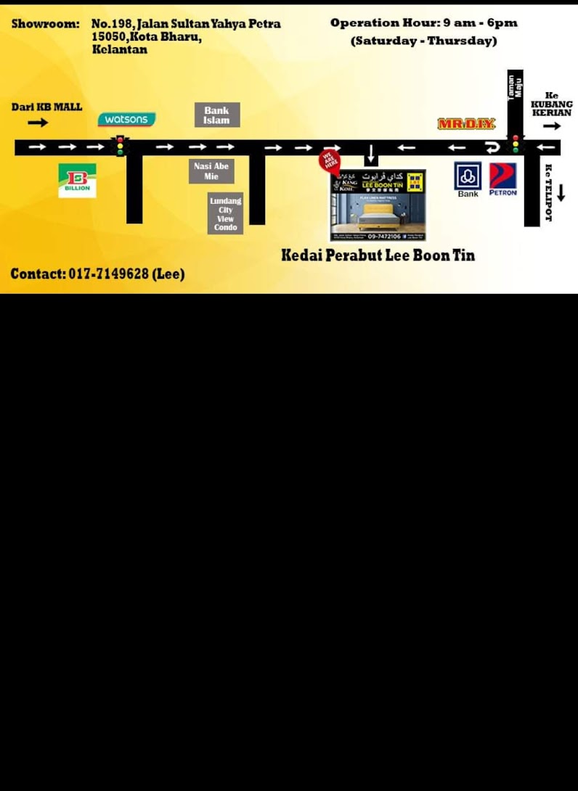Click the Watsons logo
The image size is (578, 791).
coord(126,119)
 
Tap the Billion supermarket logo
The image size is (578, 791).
coord(77,180)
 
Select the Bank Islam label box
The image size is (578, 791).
coord(216,115)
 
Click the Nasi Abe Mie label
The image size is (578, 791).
coord(211,171)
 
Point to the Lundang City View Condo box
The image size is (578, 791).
coord(225,213)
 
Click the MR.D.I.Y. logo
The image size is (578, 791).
coord(466,124)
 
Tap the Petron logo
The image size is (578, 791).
coord(502,179)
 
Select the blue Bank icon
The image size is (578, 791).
coord(468,176)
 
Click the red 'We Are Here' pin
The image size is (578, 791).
coord(330,161)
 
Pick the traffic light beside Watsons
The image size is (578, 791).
coord(120,146)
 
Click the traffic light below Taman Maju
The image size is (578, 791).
coord(516,144)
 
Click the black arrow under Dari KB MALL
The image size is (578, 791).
coord(38,123)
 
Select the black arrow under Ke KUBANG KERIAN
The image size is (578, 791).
coord(552,126)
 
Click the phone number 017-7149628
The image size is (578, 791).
coord(108,274)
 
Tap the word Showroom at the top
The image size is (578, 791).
coord(45,24)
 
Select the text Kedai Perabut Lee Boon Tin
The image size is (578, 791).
coord(378,255)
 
